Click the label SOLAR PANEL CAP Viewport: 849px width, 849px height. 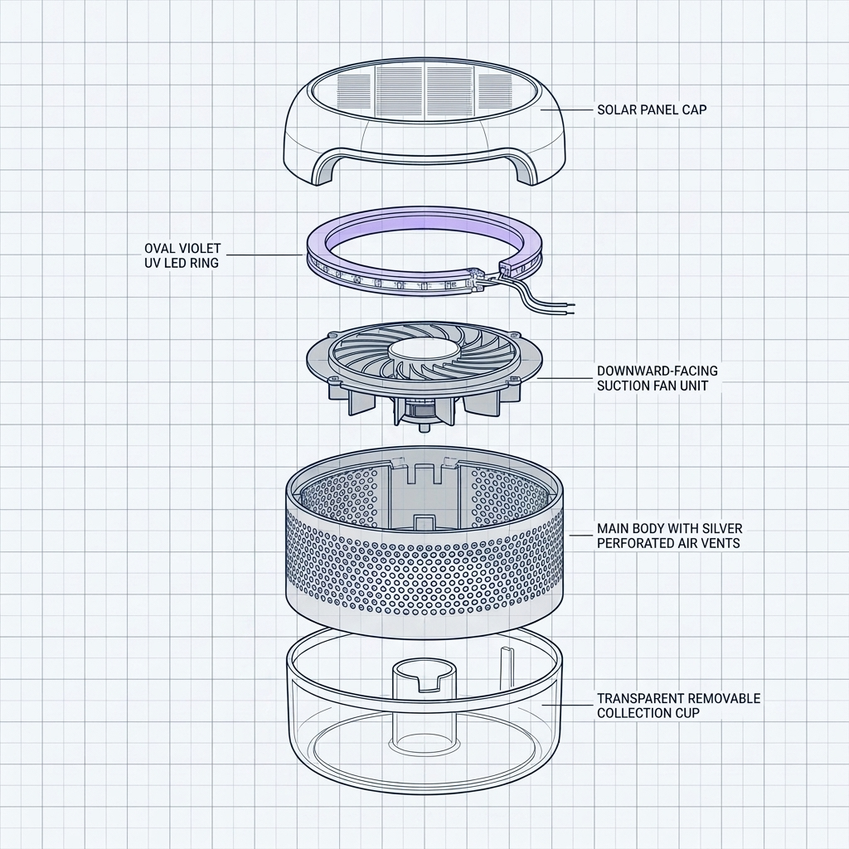coord(652,109)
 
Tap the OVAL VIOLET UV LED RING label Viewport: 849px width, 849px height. coord(182,255)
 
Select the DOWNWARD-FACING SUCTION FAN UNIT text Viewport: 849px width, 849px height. coord(657,378)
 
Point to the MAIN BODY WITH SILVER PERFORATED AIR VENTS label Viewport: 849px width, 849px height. coord(670,536)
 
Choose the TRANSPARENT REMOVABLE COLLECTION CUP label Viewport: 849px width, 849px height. coord(679,706)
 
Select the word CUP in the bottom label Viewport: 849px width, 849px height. coord(687,713)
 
